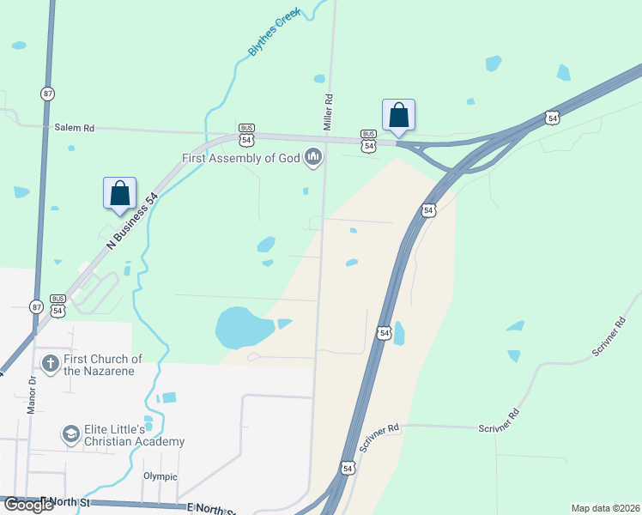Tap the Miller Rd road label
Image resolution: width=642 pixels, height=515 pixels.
click(327, 112)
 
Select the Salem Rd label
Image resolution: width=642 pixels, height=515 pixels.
click(74, 128)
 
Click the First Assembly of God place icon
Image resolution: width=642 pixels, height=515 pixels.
click(313, 158)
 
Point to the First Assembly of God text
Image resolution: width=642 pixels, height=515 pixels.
click(239, 159)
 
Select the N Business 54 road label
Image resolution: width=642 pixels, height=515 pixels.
click(132, 222)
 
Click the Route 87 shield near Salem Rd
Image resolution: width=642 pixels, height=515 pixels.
click(46, 92)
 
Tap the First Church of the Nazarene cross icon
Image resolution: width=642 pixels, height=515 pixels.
click(50, 364)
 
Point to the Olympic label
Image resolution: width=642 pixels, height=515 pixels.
click(160, 476)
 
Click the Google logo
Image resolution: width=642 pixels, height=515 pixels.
click(27, 505)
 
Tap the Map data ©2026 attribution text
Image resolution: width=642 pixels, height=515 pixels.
click(604, 508)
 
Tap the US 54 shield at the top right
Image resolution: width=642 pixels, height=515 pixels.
click(552, 117)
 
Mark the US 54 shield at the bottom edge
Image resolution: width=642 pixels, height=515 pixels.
click(347, 468)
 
